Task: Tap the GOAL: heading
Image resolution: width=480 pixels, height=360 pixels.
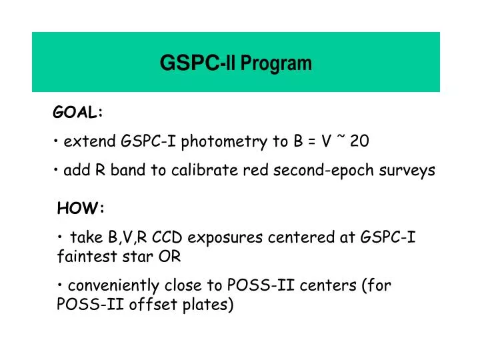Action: pos(78,113)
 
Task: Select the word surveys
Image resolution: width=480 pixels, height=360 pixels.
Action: pos(409,171)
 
